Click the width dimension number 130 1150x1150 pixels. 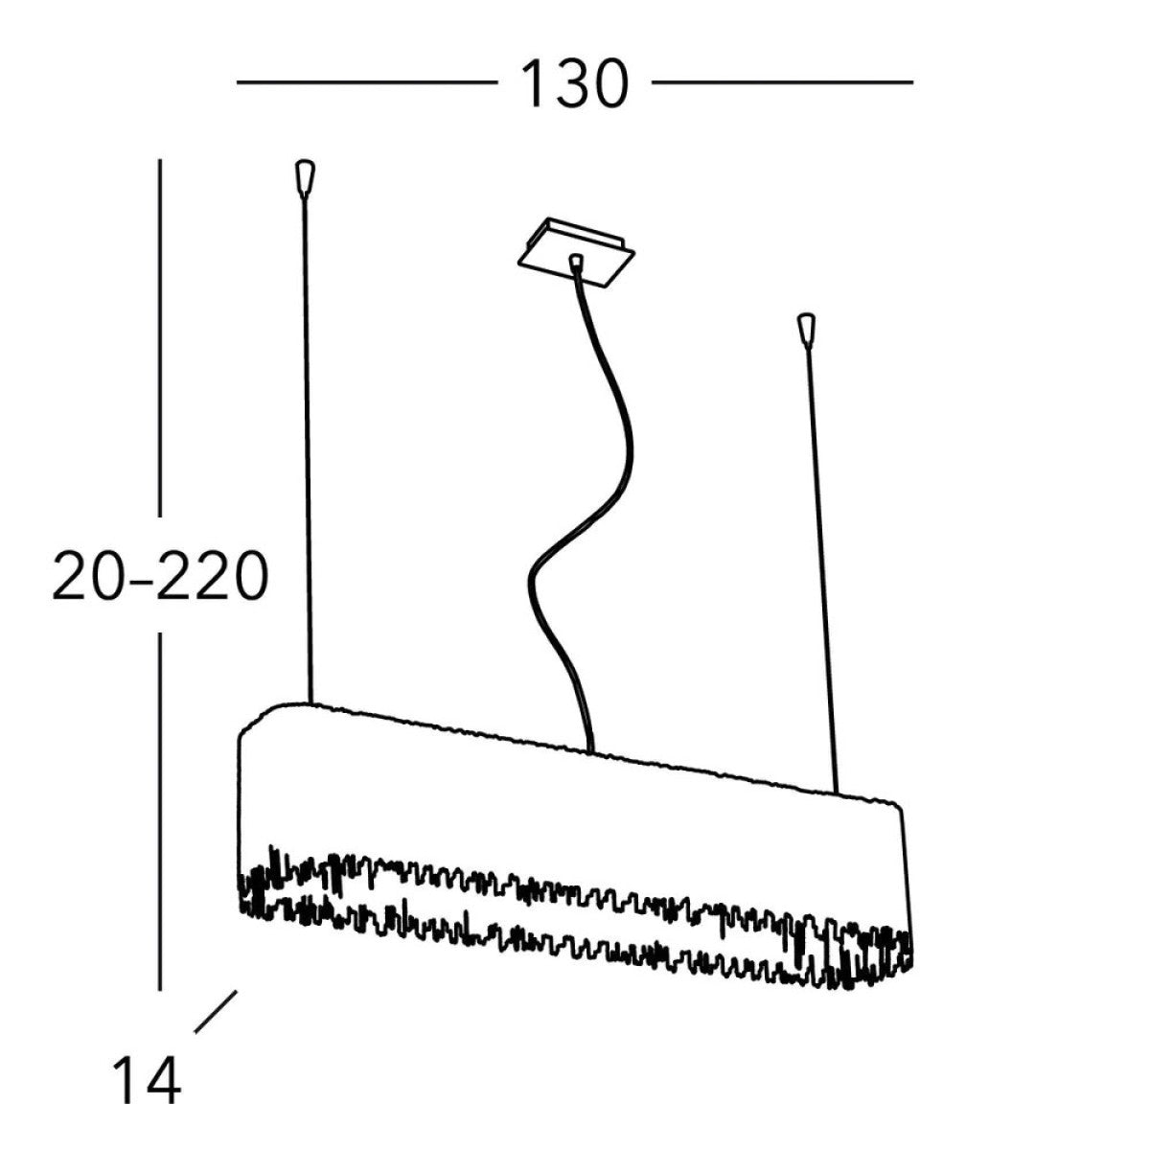pyautogui.click(x=575, y=84)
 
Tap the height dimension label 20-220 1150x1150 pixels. pyautogui.click(x=160, y=575)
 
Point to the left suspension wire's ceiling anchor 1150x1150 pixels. pyautogui.click(x=305, y=176)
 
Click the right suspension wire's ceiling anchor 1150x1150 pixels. pyautogui.click(x=806, y=330)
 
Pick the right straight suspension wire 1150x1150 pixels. pyautogui.click(x=822, y=570)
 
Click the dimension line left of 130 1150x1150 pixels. pyautogui.click(x=367, y=82)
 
